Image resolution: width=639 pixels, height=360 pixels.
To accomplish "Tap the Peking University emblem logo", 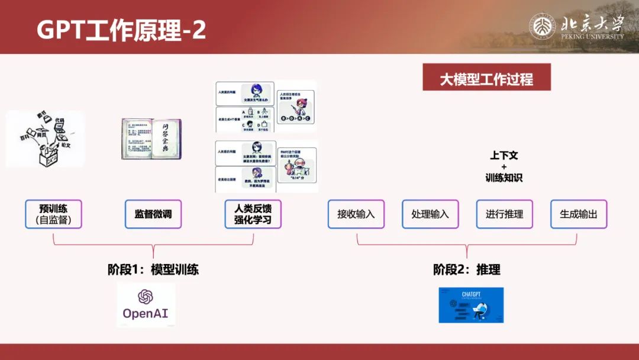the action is pyautogui.click(x=543, y=27).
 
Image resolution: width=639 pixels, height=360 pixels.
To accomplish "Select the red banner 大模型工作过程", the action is pyautogui.click(x=486, y=79).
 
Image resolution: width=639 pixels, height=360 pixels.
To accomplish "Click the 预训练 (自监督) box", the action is pyautogui.click(x=53, y=214).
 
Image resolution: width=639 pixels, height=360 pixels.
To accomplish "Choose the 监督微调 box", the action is pyautogui.click(x=153, y=214).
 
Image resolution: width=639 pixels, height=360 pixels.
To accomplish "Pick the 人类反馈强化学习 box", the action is pyautogui.click(x=253, y=214).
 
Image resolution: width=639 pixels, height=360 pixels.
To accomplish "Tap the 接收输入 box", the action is pyautogui.click(x=356, y=214).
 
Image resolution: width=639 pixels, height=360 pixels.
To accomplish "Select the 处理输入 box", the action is pyautogui.click(x=430, y=214).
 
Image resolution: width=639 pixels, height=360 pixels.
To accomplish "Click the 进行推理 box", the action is pyautogui.click(x=504, y=214).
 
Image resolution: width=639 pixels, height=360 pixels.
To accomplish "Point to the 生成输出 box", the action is pyautogui.click(x=579, y=214).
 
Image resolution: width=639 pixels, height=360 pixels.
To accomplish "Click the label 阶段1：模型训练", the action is pyautogui.click(x=153, y=270).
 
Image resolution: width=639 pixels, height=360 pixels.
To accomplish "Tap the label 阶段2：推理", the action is pyautogui.click(x=467, y=270).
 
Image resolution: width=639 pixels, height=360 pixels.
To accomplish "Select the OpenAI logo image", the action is pyautogui.click(x=146, y=305).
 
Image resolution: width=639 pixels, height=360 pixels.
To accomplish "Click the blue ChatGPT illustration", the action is pyautogui.click(x=471, y=305).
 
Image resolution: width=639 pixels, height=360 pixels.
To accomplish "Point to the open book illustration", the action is pyautogui.click(x=151, y=139).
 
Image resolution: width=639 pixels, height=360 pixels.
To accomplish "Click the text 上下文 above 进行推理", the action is pyautogui.click(x=504, y=156).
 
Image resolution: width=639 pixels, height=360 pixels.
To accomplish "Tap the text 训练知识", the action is pyautogui.click(x=504, y=178).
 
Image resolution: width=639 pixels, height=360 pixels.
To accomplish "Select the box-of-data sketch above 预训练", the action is pyautogui.click(x=46, y=138).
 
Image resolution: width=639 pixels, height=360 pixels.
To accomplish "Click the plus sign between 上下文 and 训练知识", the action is pyautogui.click(x=504, y=167).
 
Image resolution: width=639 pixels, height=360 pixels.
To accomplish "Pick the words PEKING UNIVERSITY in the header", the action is pyautogui.click(x=592, y=37).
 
